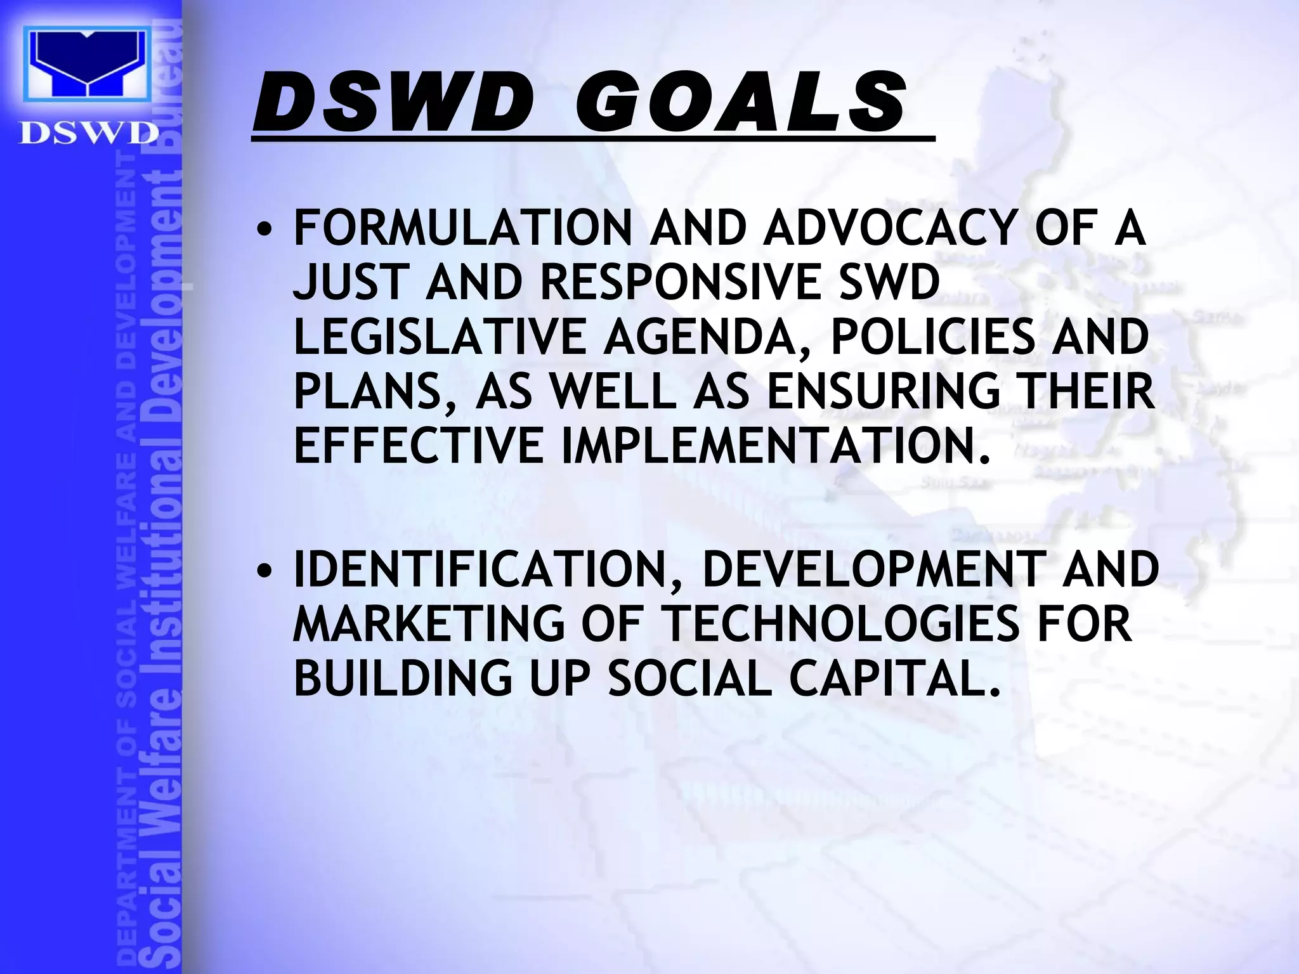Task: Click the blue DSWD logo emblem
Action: click(x=88, y=64)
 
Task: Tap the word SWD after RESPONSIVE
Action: click(x=889, y=282)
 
